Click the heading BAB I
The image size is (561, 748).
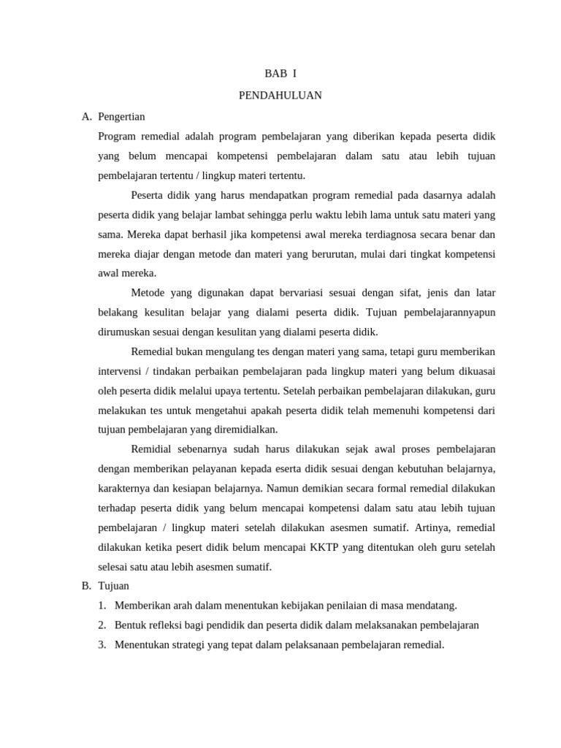pos(280,74)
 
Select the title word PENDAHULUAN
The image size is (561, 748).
pos(280,95)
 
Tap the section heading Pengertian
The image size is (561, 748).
pos(121,116)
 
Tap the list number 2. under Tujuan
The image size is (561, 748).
pos(102,625)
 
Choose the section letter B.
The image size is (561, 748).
pos(86,585)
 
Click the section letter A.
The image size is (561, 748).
pos(86,116)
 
